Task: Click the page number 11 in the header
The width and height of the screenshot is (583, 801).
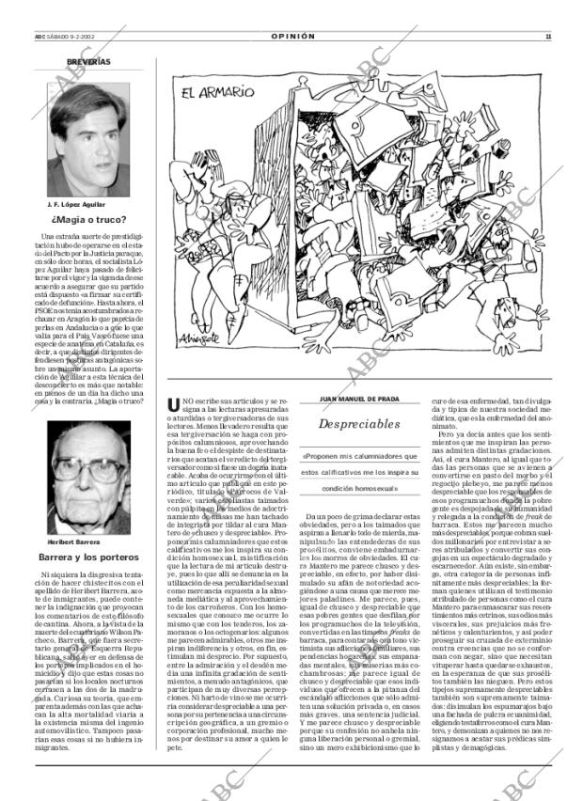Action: click(x=547, y=37)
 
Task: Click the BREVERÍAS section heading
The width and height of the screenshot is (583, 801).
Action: click(x=88, y=62)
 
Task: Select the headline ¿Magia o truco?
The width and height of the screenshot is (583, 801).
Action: click(x=89, y=220)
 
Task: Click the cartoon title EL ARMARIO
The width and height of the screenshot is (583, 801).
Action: click(x=217, y=92)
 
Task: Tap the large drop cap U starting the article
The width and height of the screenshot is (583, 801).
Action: click(x=173, y=404)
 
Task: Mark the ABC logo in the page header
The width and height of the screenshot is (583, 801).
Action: click(x=37, y=37)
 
